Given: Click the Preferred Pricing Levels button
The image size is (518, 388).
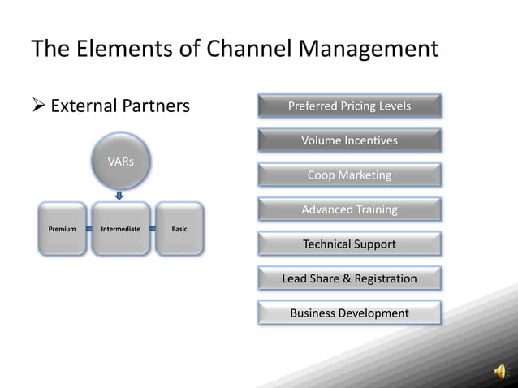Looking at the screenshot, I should (x=349, y=106).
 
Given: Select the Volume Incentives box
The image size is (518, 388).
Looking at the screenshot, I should (x=349, y=140).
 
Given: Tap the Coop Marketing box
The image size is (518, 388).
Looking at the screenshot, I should (x=349, y=175).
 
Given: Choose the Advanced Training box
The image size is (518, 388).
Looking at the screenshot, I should (x=349, y=209).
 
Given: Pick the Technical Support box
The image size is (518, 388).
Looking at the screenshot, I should (x=349, y=244).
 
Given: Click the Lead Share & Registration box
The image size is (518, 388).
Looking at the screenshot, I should (x=349, y=278).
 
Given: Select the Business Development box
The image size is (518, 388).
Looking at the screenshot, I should (x=349, y=313).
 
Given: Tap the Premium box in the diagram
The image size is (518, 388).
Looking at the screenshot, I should (x=63, y=229).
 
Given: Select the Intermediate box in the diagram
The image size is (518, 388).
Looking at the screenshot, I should (x=120, y=229).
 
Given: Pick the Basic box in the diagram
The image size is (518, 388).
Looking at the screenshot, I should (x=179, y=229).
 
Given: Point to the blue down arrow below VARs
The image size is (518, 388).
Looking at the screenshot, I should (x=120, y=195).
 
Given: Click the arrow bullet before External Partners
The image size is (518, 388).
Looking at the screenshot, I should (x=37, y=106).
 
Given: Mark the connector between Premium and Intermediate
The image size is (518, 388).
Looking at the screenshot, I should (x=89, y=229).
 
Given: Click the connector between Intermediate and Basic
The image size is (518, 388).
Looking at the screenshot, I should (x=152, y=229).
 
